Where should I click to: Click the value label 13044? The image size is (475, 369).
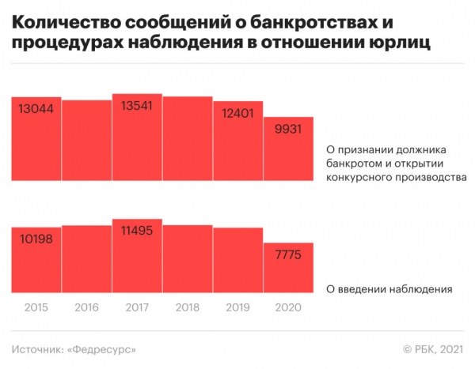[x=36, y=110]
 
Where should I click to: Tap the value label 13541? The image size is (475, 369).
[x=136, y=107]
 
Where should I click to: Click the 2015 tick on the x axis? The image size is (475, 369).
[x=36, y=307]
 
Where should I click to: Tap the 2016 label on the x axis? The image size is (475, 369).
[x=87, y=307]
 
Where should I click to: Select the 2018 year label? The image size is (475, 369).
[x=188, y=307]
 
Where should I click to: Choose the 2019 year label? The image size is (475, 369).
[x=238, y=307]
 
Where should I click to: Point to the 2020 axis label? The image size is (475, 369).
[x=289, y=307]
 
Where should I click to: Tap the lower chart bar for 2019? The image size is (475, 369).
[x=238, y=261]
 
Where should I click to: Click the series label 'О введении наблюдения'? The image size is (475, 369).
[x=389, y=289]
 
